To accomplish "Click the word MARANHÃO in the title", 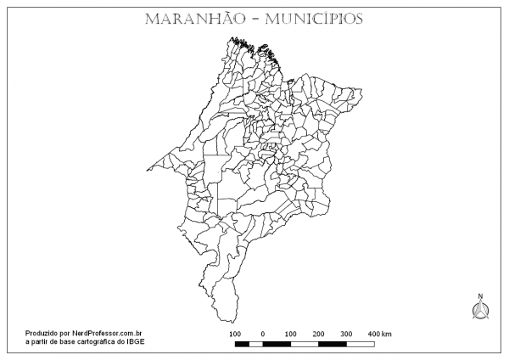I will point(191,18).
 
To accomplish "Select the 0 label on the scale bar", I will point(262,334).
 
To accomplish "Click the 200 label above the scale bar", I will point(318,334).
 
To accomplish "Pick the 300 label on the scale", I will point(346,334).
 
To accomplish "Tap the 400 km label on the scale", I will point(379,334).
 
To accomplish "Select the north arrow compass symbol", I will point(479,312).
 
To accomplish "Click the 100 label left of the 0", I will point(235,334).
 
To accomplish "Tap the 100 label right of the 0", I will point(290,334).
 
